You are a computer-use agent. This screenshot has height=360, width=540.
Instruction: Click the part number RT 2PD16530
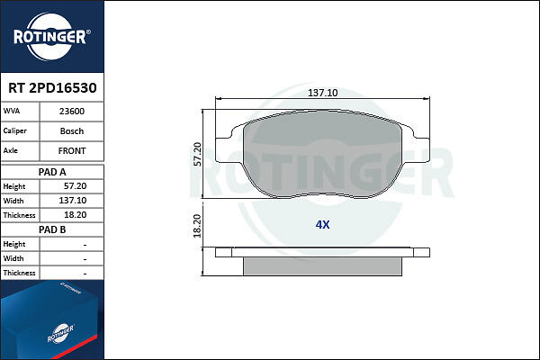pos(52,88)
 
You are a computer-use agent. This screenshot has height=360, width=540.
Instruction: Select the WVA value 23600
pos(72,112)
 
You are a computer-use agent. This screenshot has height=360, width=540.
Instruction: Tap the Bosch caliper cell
pos(72,131)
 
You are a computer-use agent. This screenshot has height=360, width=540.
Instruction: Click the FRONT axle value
pos(72,151)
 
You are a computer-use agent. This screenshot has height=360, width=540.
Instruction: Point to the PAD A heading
pos(52,172)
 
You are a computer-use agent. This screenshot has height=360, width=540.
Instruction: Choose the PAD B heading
pos(52,229)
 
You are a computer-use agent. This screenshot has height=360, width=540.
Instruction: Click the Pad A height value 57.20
pos(75,186)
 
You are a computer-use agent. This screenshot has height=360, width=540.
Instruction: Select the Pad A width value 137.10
pos(73,201)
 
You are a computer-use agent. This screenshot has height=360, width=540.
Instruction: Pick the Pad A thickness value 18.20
pos(75,215)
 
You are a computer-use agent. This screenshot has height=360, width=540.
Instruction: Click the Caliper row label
pos(14,130)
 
